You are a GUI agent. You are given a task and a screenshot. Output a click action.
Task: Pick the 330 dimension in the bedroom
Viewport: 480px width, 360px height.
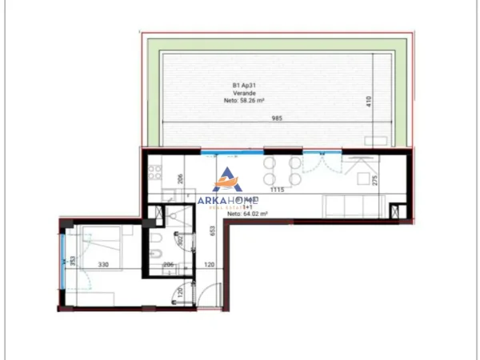(104, 263)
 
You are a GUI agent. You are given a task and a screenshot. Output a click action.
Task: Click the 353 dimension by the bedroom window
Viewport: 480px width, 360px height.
(72, 263)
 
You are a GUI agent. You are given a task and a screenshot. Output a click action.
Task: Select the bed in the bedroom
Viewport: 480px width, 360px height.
(102, 238)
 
